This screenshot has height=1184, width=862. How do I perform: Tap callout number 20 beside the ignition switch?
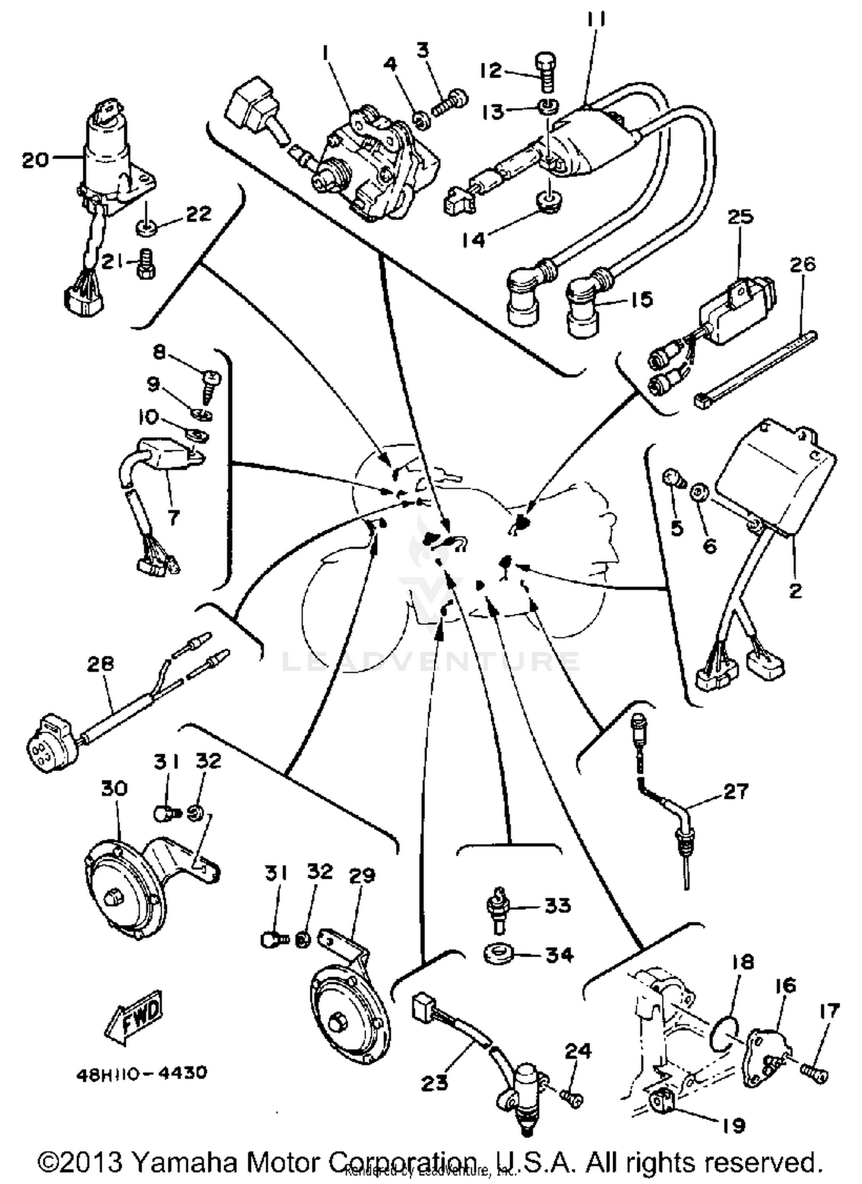(36, 159)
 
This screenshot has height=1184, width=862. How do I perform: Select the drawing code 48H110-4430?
(141, 1072)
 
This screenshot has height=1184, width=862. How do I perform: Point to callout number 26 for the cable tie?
(803, 265)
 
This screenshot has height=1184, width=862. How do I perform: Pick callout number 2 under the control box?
(795, 590)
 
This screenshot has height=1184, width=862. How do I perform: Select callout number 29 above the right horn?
(362, 875)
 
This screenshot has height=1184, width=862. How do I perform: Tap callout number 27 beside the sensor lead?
(736, 791)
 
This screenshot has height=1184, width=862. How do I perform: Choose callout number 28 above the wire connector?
(101, 664)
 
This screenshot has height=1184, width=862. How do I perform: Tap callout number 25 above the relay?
(741, 217)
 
